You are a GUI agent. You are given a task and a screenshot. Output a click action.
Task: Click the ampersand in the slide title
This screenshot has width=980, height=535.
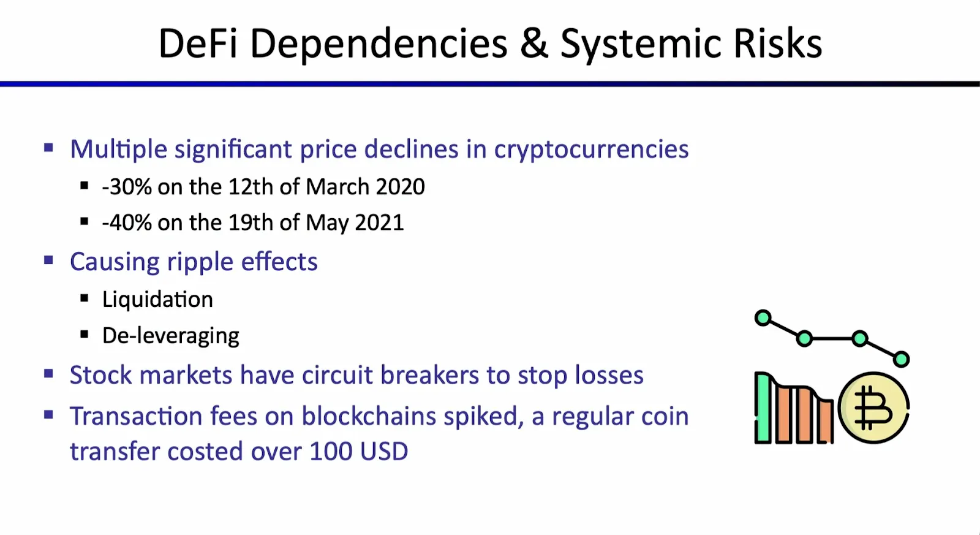click(534, 44)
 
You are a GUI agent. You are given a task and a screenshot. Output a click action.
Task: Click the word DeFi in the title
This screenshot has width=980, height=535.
click(198, 44)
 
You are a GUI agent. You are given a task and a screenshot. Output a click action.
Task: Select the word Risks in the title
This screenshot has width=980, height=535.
click(778, 44)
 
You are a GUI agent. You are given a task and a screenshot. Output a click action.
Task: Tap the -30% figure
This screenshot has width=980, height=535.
click(127, 187)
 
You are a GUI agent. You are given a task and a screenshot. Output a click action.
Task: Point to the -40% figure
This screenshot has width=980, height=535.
click(127, 222)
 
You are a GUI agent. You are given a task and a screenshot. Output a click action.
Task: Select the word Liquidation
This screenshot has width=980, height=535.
click(157, 300)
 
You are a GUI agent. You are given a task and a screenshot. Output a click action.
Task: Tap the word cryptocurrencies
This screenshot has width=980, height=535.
click(592, 150)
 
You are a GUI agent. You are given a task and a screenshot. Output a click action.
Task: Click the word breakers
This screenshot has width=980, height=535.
click(429, 375)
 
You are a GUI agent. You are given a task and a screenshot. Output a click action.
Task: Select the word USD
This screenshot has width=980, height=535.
click(384, 452)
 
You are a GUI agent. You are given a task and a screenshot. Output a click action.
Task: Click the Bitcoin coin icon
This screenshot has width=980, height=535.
click(873, 408)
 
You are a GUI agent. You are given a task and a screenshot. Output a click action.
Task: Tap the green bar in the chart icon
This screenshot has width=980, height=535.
click(763, 408)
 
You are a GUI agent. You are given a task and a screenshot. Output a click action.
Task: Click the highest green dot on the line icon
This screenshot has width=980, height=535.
click(763, 318)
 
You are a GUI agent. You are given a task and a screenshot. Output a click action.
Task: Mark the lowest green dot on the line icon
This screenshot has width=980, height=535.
click(901, 360)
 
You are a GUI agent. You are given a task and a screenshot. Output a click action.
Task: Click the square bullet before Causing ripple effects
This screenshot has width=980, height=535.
click(48, 261)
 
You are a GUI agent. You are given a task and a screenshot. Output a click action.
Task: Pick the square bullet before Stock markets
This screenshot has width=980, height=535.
click(48, 374)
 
